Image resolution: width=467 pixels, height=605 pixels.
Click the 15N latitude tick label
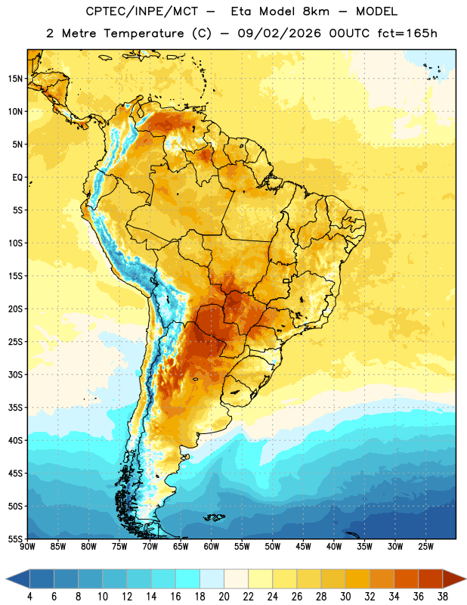pos(15,79)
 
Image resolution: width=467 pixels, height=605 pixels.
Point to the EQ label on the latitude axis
pos(17,178)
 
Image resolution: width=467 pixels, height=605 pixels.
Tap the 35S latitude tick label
pos(15,408)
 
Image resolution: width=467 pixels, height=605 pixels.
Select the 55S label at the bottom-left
pos(15,539)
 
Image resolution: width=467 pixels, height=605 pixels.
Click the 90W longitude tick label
pos(28,547)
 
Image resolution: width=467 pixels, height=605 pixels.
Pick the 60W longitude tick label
pos(212,547)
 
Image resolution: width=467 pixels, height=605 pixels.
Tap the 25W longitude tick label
pos(425,547)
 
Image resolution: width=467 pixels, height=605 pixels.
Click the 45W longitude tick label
pos(303,547)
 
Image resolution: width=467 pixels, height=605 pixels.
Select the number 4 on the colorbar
pos(29,597)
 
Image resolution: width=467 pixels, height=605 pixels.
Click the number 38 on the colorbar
pos(443,597)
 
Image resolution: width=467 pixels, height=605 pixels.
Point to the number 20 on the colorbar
pos(224,597)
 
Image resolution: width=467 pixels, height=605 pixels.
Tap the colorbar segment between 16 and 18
pos(188,579)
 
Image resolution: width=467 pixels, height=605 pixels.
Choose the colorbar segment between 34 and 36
pos(406,579)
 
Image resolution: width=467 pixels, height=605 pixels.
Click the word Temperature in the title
pos(144,33)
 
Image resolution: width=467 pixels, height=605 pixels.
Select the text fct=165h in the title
pos(407,33)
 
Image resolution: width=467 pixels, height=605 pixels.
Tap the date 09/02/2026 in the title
pos(279,33)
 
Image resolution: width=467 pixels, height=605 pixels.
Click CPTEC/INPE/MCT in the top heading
pos(141,11)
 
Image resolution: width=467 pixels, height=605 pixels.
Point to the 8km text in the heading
pos(316,11)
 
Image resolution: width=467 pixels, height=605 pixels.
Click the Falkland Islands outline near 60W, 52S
pos(214,517)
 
